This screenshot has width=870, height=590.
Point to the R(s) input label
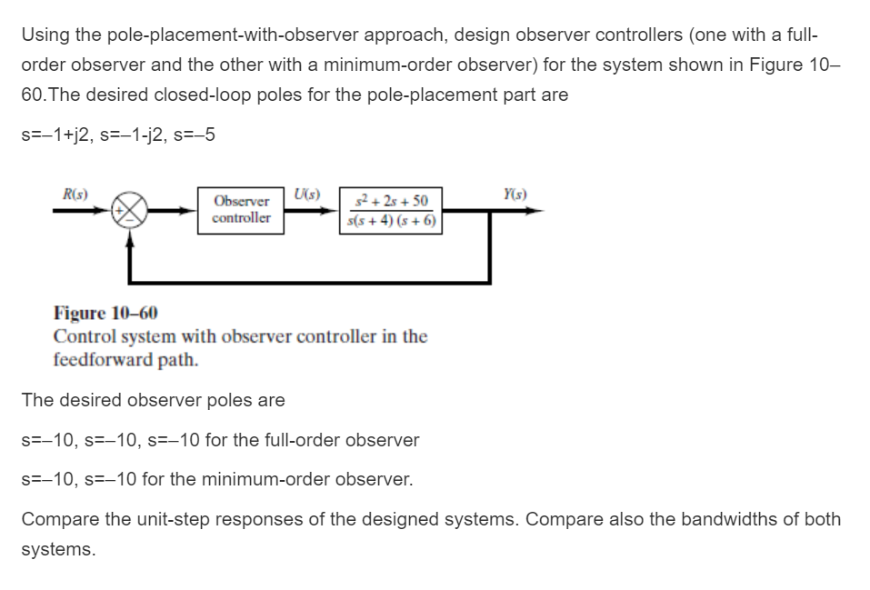tap(68, 193)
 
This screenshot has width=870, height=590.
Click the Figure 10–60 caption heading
tap(105, 314)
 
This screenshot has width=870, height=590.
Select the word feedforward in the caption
tap(105, 358)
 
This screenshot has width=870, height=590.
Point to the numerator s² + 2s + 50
tap(392, 200)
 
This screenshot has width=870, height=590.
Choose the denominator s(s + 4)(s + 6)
tap(392, 219)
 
